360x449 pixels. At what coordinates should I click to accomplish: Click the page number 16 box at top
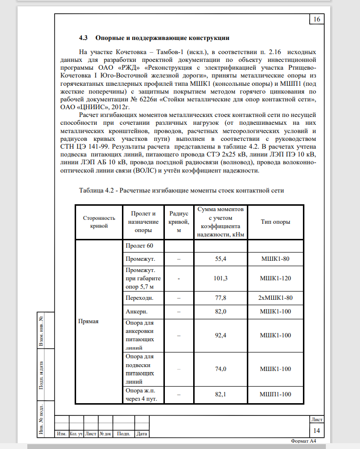pos(317,20)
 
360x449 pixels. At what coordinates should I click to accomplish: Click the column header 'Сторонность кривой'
pos(99,222)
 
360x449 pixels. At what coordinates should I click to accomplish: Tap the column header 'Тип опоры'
pos(276,222)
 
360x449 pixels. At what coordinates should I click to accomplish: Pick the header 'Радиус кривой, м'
pos(179,222)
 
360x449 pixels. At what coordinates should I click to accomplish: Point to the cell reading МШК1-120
pos(276,278)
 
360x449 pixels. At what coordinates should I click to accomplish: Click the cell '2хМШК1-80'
pos(276,297)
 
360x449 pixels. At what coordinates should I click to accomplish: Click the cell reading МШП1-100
pos(276,394)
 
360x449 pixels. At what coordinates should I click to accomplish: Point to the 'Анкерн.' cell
pos(137,311)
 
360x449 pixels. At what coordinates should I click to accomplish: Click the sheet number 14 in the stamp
pos(317,430)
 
